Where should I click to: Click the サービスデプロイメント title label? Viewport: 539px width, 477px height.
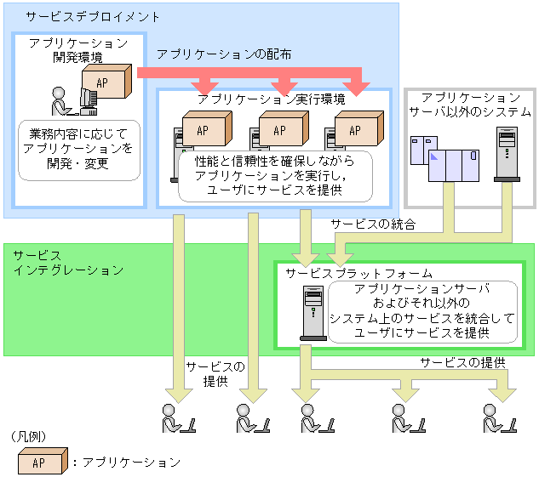(81, 17)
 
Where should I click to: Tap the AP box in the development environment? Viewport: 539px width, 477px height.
(106, 83)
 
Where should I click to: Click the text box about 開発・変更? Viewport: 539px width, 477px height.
(79, 149)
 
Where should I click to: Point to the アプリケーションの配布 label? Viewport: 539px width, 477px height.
(224, 54)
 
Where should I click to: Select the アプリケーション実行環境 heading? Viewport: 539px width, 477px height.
(271, 99)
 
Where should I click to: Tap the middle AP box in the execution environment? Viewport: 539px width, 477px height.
(280, 130)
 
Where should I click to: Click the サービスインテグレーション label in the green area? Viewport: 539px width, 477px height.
(68, 262)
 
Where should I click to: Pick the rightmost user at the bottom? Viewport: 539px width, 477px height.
(496, 418)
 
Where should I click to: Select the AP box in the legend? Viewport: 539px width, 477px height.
(39, 463)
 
